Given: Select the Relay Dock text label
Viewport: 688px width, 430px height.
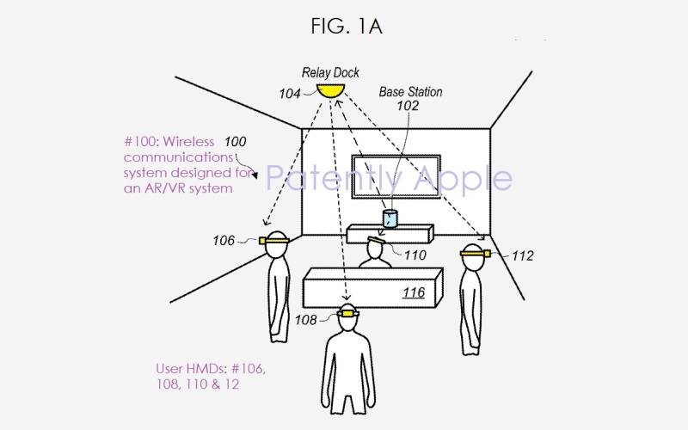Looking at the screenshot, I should point(330,73).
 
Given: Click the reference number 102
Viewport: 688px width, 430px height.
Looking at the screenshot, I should point(408,106).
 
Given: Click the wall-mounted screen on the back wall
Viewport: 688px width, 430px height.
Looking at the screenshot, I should point(396,179).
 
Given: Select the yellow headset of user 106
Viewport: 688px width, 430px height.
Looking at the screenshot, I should point(274,242).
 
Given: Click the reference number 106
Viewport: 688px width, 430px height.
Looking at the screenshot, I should point(224,240).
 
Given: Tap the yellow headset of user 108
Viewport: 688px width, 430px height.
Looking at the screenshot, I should point(347,314).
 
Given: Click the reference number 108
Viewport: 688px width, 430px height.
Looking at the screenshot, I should point(305,319).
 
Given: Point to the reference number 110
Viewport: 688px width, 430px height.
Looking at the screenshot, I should point(415,255).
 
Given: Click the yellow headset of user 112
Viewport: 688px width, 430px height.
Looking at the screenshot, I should point(473,253).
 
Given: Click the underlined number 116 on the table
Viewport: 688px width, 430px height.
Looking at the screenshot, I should point(415,293).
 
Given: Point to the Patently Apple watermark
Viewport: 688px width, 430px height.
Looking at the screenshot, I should point(388,178).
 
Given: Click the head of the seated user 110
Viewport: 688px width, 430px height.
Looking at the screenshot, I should point(375,247).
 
